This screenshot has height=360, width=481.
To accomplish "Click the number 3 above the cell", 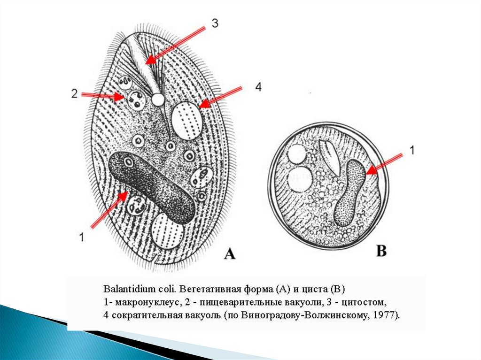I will (214, 23).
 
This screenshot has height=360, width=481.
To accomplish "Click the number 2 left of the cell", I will (74, 93).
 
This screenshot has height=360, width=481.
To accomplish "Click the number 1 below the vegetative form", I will (82, 237).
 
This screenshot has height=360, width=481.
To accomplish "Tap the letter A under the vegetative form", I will (229, 254).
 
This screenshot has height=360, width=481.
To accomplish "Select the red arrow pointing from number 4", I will (220, 97).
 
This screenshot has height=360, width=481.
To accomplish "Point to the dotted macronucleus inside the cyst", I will (349, 192).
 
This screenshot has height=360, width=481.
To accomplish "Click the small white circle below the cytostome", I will (158, 99).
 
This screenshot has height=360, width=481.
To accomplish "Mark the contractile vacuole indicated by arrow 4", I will (187, 120).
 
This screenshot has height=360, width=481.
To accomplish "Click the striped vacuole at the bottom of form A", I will (168, 230).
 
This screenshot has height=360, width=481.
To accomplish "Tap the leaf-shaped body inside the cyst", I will (331, 155).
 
